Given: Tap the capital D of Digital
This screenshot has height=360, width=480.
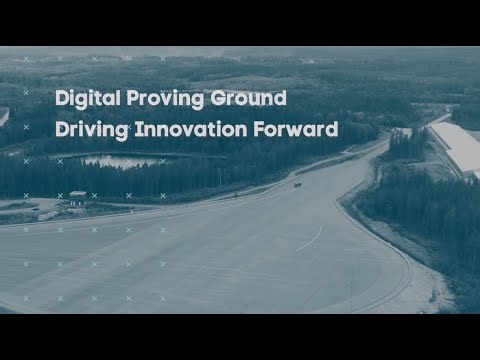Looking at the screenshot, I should pos(61,99).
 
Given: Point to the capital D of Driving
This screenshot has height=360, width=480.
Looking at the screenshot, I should pos(61,129).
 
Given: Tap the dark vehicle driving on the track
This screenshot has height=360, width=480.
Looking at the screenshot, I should pos(297,184).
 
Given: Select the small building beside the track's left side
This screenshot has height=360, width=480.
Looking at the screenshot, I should pos(78,197).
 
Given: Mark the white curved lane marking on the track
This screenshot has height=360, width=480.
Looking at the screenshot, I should pos(311,238).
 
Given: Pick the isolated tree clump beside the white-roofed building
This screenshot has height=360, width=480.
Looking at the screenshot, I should pos(409,145).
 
